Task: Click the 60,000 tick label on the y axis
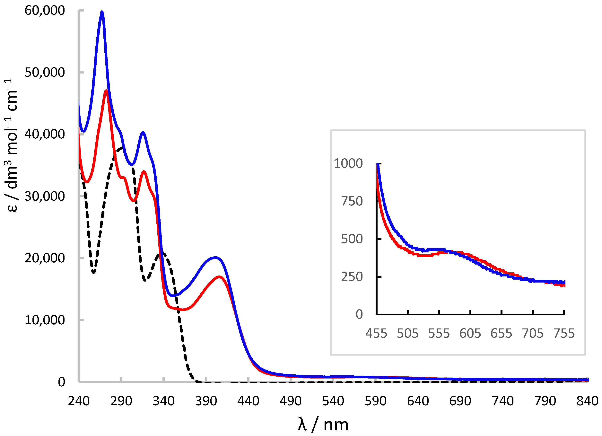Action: pos(45,11)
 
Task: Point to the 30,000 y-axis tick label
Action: pos(45,196)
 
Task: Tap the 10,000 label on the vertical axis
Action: pos(45,320)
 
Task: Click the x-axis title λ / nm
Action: pos(323,425)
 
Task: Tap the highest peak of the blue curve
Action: pos(102,12)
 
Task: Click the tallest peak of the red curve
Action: pos(106,91)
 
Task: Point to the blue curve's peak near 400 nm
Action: pos(215,257)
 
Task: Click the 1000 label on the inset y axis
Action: pos(348,163)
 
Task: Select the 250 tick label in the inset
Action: pos(352,277)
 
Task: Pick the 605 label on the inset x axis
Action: pos(470,333)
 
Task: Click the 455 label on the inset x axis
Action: pos(376,333)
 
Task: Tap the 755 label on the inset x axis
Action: pos(564,333)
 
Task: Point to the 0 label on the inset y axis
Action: pos(359,314)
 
